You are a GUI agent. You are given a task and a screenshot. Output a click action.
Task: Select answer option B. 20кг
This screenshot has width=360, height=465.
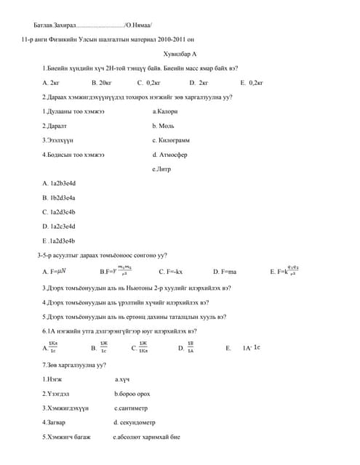[x=101, y=83]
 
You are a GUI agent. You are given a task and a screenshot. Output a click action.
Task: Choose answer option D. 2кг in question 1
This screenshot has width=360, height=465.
[x=199, y=83]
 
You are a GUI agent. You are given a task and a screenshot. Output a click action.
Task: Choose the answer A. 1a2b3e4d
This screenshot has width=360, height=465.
[x=59, y=183]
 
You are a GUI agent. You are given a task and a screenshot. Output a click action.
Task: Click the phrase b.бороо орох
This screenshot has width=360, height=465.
[x=132, y=394]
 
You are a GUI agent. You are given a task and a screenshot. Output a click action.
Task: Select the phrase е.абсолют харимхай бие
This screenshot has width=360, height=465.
[x=146, y=437]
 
